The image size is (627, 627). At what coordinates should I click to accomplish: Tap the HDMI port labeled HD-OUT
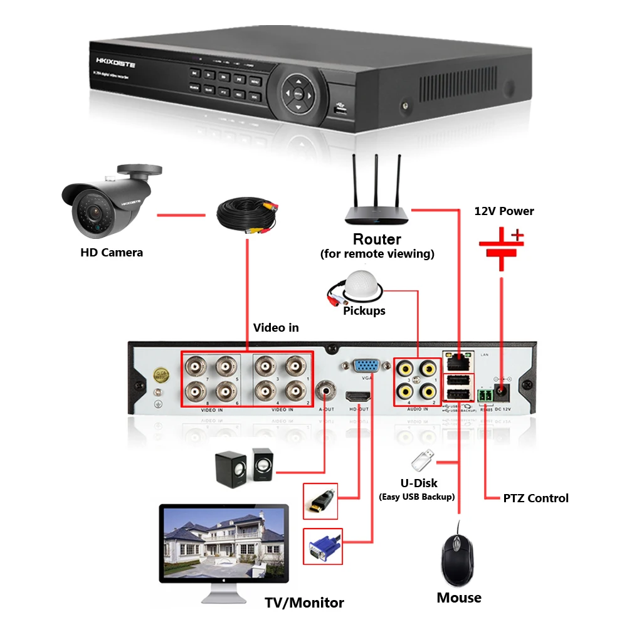pyautogui.click(x=359, y=396)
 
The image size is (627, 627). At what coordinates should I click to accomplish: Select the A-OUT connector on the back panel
pyautogui.click(x=325, y=391)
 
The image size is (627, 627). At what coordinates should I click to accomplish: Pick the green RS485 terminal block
pyautogui.click(x=485, y=395)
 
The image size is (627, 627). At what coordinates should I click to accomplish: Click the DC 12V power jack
pyautogui.click(x=502, y=392)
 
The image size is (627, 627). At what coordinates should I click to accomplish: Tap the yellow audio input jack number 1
pyautogui.click(x=428, y=367)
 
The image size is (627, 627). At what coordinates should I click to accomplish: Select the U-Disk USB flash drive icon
pyautogui.click(x=421, y=461)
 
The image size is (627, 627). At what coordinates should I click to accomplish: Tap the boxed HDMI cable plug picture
pyautogui.click(x=320, y=500)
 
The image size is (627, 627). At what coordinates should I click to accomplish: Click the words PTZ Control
pyautogui.click(x=535, y=498)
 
